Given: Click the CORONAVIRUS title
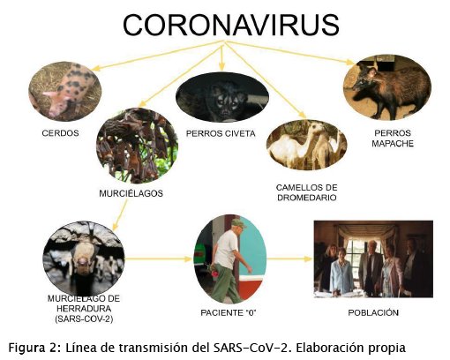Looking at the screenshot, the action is pyautogui.click(x=231, y=25).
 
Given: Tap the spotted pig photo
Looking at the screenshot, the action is pyautogui.click(x=65, y=91).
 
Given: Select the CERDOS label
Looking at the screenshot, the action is pyautogui.click(x=60, y=133).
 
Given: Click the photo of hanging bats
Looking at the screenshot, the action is pyautogui.click(x=137, y=146).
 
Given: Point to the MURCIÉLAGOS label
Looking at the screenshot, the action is pyautogui.click(x=131, y=193).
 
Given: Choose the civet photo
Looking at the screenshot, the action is pyautogui.click(x=222, y=97).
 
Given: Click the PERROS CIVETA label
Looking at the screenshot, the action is pyautogui.click(x=221, y=134).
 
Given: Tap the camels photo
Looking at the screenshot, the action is pyautogui.click(x=307, y=145).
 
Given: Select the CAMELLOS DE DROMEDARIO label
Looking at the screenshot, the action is pyautogui.click(x=307, y=192).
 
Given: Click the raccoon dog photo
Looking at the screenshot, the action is pyautogui.click(x=387, y=87).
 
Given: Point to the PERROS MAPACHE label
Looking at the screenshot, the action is pyautogui.click(x=393, y=139).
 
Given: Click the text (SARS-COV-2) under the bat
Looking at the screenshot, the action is pyautogui.click(x=84, y=319).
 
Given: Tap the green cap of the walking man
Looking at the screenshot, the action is pyautogui.click(x=239, y=223).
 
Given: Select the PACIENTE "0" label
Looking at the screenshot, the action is pyautogui.click(x=229, y=312).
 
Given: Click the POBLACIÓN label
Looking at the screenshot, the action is pyautogui.click(x=373, y=312).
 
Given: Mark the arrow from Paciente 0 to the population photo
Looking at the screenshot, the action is pyautogui.click(x=289, y=259).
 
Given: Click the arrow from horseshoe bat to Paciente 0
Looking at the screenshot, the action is pyautogui.click(x=159, y=259).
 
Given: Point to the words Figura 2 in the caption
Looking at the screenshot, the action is pyautogui.click(x=33, y=348).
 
